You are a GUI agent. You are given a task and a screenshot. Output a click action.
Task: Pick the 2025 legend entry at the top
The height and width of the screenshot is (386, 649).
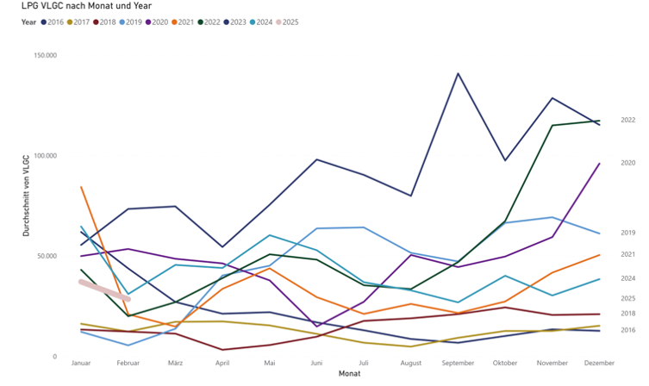coord(290,22)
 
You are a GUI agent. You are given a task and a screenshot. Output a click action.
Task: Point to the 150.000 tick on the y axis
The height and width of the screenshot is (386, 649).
coord(44,55)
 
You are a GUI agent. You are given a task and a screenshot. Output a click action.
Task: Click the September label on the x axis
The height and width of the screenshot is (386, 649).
coord(458,364)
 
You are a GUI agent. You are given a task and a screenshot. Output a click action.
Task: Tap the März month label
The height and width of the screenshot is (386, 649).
coord(175,364)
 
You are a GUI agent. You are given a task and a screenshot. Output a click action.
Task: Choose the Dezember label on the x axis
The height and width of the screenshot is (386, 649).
coord(599,364)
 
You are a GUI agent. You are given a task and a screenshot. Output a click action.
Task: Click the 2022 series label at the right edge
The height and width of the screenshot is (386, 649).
coord(627,121)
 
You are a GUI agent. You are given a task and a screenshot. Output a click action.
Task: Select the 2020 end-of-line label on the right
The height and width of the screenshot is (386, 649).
coord(627,163)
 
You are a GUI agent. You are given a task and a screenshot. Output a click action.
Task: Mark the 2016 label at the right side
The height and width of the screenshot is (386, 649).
coord(627,330)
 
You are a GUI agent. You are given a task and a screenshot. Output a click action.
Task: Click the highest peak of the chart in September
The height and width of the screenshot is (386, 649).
coord(458,73)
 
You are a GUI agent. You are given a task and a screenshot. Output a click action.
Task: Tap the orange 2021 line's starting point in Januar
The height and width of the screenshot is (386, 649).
coord(81,186)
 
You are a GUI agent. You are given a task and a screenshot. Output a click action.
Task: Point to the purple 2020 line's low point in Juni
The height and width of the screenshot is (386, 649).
coord(316,327)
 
